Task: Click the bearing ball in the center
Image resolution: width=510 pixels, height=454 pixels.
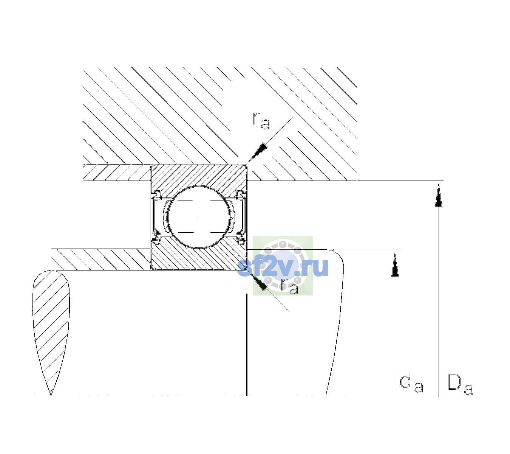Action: (x=199, y=217)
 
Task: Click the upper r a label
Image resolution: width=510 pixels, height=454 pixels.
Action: (x=261, y=121)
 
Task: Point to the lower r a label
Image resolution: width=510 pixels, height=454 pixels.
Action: (x=289, y=286)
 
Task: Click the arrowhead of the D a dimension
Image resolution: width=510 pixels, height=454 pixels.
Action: (x=439, y=195)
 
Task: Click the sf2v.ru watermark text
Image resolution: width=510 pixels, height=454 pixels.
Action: (x=283, y=267)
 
